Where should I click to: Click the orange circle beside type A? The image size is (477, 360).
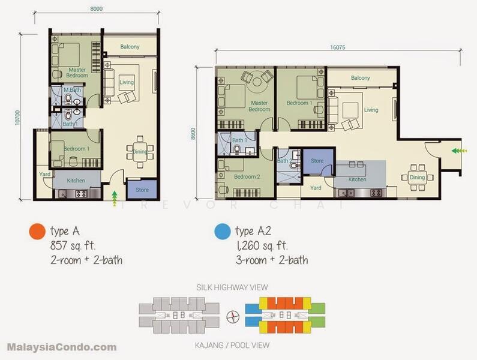(x=37, y=232)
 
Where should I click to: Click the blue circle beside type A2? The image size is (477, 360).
(x=223, y=232)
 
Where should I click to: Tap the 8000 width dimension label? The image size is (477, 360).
(x=97, y=9)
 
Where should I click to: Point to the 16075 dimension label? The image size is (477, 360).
(x=338, y=47)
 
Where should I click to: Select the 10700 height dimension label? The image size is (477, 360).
(x=17, y=118)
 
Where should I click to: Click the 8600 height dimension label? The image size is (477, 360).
(x=193, y=134)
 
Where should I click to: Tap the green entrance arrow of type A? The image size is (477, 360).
(x=115, y=199)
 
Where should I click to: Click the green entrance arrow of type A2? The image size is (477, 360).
(x=459, y=151)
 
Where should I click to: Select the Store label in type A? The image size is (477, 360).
(x=142, y=190)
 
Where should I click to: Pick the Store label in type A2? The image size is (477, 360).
(x=317, y=161)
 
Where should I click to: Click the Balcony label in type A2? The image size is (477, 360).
(x=361, y=78)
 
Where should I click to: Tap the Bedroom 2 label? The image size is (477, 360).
(x=247, y=176)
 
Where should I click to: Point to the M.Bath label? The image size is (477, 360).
(x=73, y=90)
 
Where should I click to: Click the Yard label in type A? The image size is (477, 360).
(x=45, y=174)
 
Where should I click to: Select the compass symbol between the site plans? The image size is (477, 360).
(x=233, y=317)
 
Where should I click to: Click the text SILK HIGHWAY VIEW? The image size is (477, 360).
(x=232, y=287)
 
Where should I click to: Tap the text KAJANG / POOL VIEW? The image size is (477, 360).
(x=232, y=346)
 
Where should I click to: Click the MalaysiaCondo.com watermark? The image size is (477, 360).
(x=62, y=347)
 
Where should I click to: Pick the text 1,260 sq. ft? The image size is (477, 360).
(x=262, y=245)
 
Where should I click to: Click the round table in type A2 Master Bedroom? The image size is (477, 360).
(x=257, y=82)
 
